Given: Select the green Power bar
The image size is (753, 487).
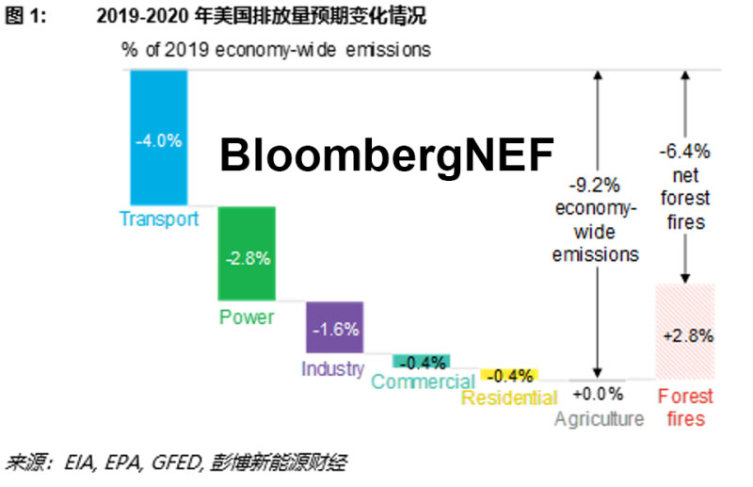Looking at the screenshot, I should pos(247,252).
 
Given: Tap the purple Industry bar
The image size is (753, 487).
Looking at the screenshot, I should pos(334,327).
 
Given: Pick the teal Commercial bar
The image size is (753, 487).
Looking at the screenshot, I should pos(422,361).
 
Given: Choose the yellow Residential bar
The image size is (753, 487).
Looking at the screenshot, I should pos(509,374).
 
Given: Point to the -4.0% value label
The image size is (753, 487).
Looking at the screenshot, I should pos(159,141).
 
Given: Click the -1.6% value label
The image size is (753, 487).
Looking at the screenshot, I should pos(334,330).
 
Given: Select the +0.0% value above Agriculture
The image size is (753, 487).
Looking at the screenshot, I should pos(598,394).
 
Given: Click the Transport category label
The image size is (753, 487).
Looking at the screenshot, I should pos(159,219).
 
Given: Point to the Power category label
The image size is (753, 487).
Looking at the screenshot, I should pos(247,317).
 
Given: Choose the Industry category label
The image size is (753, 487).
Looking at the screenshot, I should pos(332,368).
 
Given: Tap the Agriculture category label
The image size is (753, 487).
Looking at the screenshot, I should pos(599,418).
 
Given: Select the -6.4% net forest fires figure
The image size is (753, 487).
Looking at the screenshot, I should pos(684,151).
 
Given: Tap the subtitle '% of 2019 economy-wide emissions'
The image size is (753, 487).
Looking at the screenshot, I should pos(275,50).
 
